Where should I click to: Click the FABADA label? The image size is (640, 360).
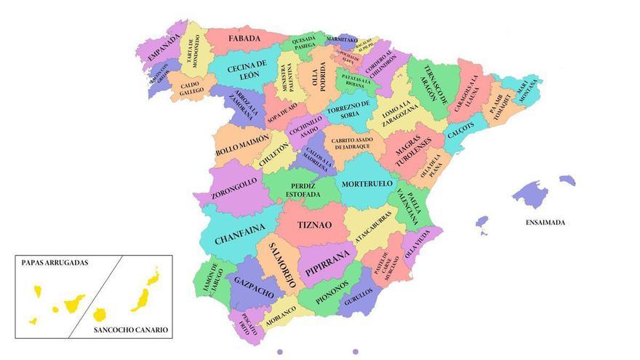pyautogui.click(x=245, y=39)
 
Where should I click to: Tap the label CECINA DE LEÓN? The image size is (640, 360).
pyautogui.click(x=247, y=71)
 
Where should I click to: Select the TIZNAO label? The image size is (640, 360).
pyautogui.click(x=314, y=225)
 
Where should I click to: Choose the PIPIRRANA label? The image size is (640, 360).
pyautogui.click(x=328, y=262)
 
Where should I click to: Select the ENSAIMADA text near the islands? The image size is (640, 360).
pyautogui.click(x=545, y=223)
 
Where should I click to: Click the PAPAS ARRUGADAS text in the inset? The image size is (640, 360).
pyautogui.click(x=55, y=263)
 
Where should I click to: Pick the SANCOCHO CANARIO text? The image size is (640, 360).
pyautogui.click(x=131, y=329)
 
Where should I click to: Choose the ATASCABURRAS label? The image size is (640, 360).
pyautogui.click(x=374, y=227)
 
